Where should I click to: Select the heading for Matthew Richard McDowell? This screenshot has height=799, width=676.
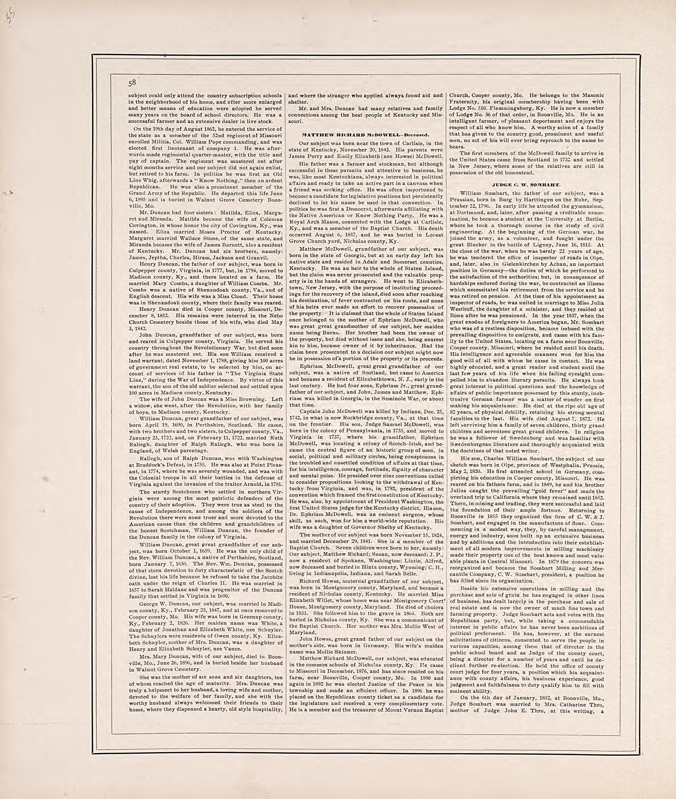[x=365, y=135]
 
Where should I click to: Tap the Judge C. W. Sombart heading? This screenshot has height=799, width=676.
[x=526, y=185]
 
